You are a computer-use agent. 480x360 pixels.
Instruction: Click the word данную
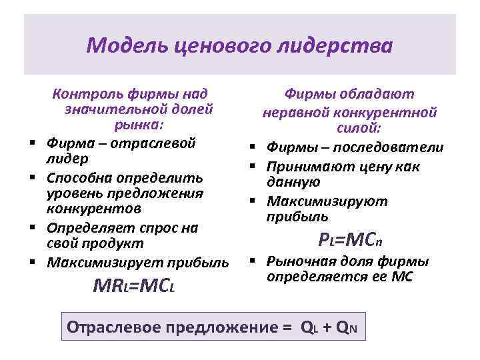coord(293,182)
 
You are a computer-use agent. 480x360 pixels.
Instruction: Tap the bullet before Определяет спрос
coord(31,228)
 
